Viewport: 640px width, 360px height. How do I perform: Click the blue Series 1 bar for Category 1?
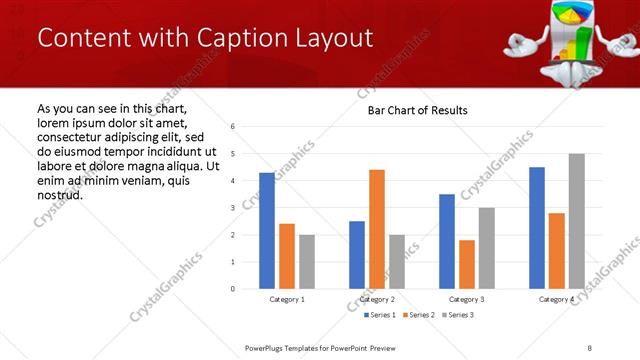[267, 231]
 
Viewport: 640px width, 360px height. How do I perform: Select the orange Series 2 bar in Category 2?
[377, 229]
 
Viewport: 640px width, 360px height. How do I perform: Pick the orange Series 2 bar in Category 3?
[467, 264]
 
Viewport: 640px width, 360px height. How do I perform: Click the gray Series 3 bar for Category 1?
[307, 262]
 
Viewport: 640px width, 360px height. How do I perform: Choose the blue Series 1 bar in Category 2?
[357, 255]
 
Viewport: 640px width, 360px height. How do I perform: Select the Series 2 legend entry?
[416, 315]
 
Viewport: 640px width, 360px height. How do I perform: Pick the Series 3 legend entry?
[456, 315]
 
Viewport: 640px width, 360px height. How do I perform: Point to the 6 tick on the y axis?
[232, 127]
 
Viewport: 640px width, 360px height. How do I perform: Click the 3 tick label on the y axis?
[232, 208]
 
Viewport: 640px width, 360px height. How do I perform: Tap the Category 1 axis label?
[288, 299]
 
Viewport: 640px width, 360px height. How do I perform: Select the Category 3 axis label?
[468, 299]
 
